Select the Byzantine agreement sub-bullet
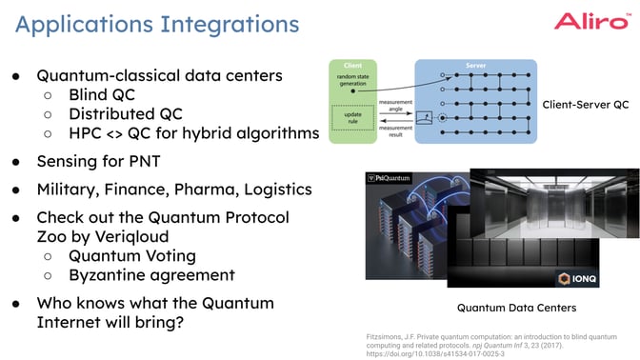click(151, 275)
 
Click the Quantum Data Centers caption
click(516, 308)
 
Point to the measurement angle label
click(396, 106)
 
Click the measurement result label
click(396, 132)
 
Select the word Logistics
click(277, 189)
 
